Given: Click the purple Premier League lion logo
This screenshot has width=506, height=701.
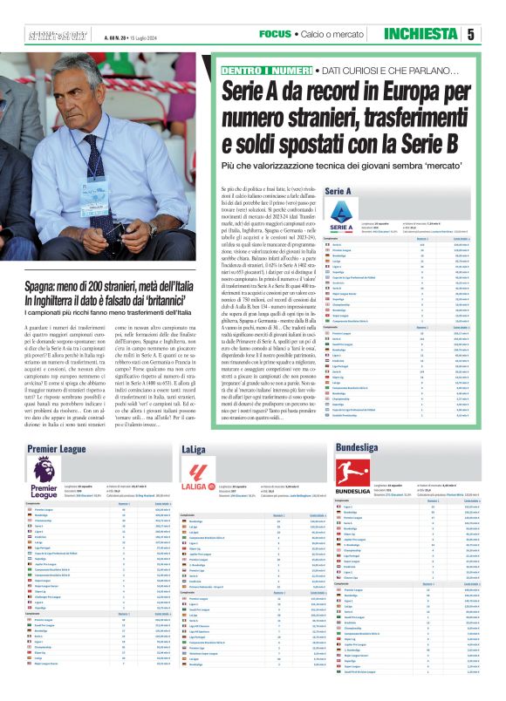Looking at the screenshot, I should pyautogui.click(x=44, y=473).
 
